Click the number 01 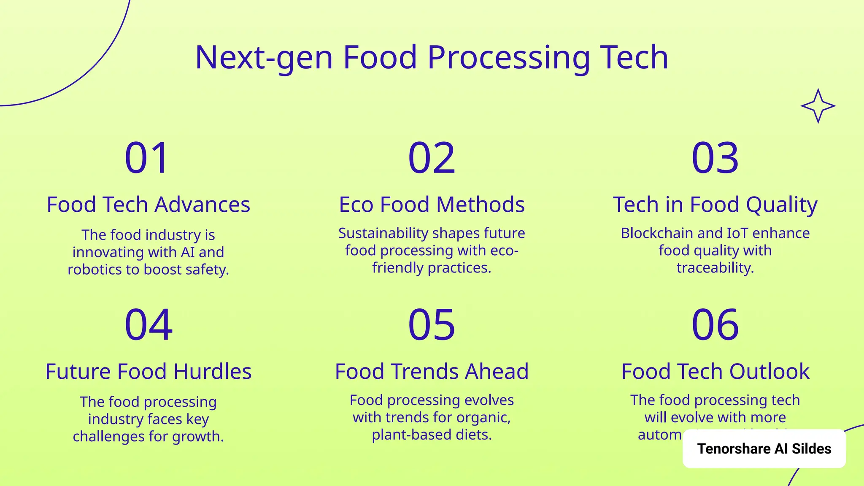147,158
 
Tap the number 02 432,158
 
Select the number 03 715,158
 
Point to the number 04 148,325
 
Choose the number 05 432,325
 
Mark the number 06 715,325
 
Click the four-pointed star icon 818,106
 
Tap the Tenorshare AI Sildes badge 764,448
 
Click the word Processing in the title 508,58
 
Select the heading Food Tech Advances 148,205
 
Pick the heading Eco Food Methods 432,205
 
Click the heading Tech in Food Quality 715,205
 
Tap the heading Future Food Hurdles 148,372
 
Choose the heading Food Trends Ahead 432,372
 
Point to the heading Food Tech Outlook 715,372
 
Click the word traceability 715,268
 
